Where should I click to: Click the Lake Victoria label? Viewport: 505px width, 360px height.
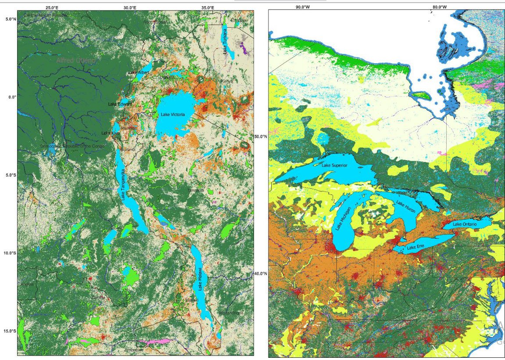173,115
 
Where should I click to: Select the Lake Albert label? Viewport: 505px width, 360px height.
139,72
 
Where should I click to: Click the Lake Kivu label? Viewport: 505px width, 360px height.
110,133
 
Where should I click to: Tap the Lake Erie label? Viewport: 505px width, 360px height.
415,248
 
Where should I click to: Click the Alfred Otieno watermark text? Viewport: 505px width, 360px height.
75,60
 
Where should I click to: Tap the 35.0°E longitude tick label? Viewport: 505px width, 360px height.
207,7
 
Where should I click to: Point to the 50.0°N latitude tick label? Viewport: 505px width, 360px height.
261,137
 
